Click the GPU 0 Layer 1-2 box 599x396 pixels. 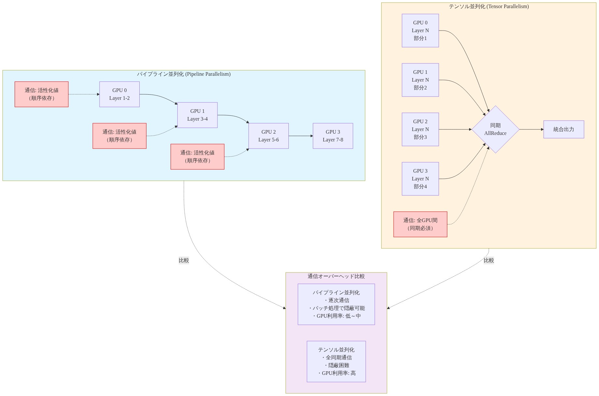click(x=119, y=94)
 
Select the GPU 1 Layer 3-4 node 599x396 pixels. click(x=197, y=115)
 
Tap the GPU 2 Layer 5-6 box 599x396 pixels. click(x=269, y=136)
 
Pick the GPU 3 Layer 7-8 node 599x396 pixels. click(x=333, y=136)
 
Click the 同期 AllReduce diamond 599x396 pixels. click(x=495, y=129)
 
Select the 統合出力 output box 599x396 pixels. click(x=564, y=129)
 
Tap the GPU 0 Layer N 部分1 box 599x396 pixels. click(x=420, y=31)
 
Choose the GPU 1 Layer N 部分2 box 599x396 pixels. click(x=420, y=80)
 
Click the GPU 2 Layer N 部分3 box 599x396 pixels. click(x=420, y=129)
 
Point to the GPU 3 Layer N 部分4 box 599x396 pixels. click(x=420, y=179)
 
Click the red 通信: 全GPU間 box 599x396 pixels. click(x=420, y=224)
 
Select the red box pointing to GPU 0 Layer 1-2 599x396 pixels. click(x=42, y=94)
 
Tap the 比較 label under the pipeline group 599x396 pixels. click(x=184, y=260)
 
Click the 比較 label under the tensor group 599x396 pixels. click(x=489, y=260)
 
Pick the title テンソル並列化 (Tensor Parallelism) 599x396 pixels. click(x=489, y=7)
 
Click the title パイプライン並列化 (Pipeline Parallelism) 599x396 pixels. click(x=184, y=74)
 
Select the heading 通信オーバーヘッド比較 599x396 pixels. click(x=336, y=276)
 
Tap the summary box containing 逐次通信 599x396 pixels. click(x=336, y=304)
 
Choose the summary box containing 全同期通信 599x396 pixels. click(x=336, y=362)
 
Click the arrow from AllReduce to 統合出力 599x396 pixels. click(x=532, y=129)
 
